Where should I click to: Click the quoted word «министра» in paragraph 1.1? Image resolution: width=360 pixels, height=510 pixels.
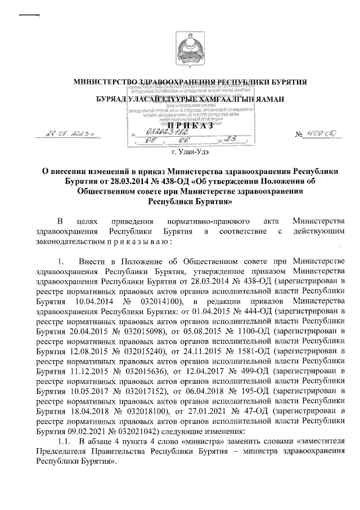194,440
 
